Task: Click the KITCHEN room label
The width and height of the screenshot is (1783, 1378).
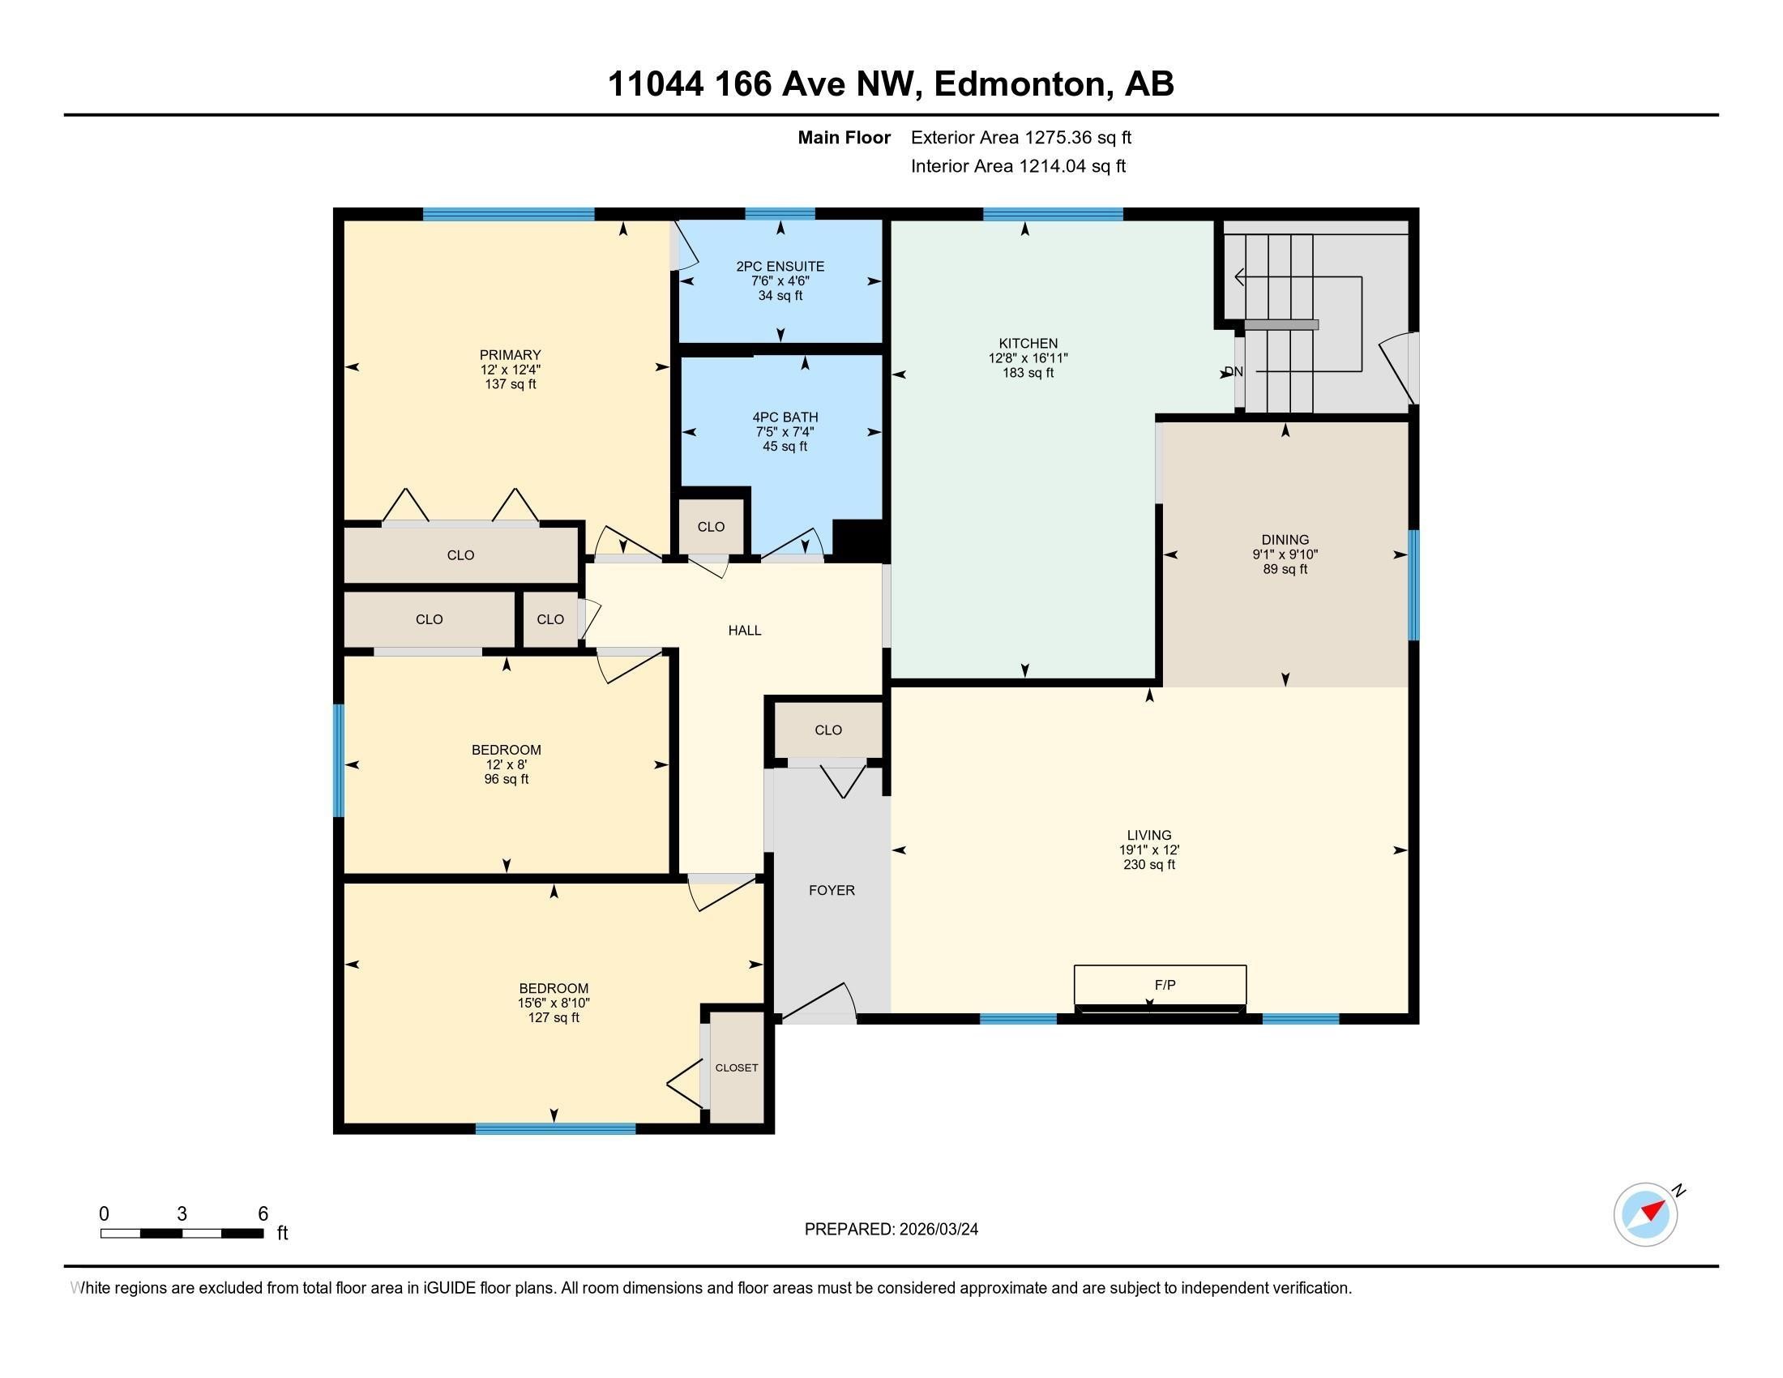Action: (1028, 344)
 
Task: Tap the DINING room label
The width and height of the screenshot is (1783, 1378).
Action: (1285, 540)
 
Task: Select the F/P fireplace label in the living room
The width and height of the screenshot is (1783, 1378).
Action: (1165, 986)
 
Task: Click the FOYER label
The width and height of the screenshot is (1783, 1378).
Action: (832, 891)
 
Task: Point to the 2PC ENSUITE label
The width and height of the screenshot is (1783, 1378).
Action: (780, 266)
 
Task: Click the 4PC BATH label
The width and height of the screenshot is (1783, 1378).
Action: (785, 417)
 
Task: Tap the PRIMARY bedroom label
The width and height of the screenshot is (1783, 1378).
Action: (511, 355)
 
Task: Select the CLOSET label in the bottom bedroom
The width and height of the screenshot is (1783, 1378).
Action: (737, 1068)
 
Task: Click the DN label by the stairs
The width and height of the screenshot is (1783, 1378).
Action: (1233, 372)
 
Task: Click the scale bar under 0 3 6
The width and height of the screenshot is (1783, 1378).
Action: (182, 1234)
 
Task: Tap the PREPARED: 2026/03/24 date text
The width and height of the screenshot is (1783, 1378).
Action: (891, 1230)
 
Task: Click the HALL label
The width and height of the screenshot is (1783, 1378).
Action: (745, 630)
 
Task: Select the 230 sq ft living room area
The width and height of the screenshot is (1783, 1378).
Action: (1148, 865)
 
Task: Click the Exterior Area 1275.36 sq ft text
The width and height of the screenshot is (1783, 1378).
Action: (1020, 138)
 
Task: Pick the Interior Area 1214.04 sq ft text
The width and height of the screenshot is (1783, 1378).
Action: (1018, 166)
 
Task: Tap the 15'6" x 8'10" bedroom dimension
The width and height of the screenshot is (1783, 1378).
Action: (554, 1004)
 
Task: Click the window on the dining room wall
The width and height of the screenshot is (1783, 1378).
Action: (1414, 584)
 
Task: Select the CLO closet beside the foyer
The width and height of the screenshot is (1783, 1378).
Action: (827, 730)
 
